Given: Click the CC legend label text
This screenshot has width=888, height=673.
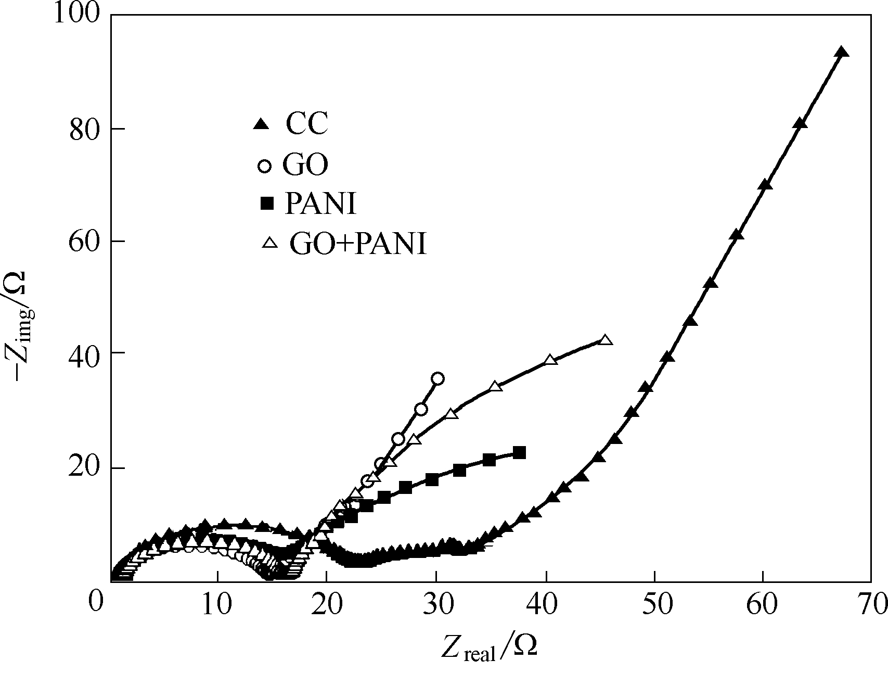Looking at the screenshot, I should click(x=306, y=124).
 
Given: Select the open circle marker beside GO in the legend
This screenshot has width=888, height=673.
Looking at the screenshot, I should click(x=265, y=167).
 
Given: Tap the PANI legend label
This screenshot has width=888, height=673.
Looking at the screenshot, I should click(x=320, y=204).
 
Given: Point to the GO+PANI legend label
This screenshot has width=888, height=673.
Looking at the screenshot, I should click(x=358, y=244).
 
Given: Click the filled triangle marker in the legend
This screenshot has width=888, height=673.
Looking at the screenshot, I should click(x=261, y=124).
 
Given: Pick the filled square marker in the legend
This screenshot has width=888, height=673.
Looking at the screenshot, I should click(x=267, y=204).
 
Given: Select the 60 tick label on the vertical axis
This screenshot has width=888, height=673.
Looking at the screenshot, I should click(x=85, y=242).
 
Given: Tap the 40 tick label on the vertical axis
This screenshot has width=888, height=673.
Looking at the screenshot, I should click(x=85, y=353).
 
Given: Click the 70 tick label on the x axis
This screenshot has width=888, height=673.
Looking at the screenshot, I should click(x=870, y=604).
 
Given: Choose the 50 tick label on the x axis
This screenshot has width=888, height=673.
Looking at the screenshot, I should click(x=654, y=604).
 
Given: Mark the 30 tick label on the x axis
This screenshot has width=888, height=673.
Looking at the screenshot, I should click(x=436, y=604).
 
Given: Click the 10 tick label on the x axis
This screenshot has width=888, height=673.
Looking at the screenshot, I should click(x=217, y=604).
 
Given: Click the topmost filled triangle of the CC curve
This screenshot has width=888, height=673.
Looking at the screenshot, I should click(x=842, y=52).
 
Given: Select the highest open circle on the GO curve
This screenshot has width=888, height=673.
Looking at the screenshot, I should click(x=437, y=378).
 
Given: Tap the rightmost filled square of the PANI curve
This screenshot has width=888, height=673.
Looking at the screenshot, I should click(x=519, y=453).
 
